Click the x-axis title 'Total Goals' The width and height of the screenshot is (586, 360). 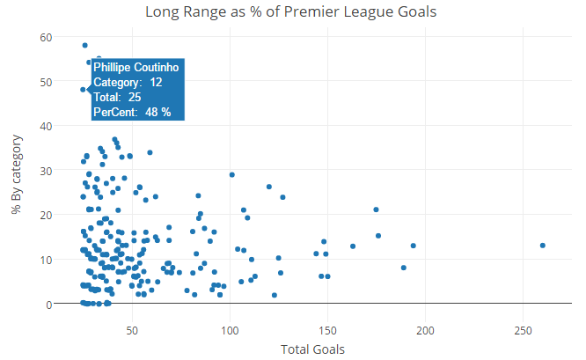click(x=312, y=349)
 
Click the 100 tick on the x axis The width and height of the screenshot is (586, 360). click(x=230, y=331)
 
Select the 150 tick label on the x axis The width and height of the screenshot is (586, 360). click(x=327, y=331)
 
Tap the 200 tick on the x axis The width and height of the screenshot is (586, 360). click(x=425, y=331)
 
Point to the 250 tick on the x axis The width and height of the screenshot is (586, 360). click(x=523, y=331)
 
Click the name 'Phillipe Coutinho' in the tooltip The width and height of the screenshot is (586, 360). click(x=136, y=68)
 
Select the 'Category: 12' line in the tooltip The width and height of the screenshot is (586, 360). click(x=128, y=82)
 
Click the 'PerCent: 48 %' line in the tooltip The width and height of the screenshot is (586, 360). click(x=132, y=112)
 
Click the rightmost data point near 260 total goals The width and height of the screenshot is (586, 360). click(x=543, y=246)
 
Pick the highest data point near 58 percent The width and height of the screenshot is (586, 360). click(x=84, y=45)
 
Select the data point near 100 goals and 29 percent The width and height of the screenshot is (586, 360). click(x=232, y=174)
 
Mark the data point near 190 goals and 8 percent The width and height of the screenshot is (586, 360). click(x=404, y=268)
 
